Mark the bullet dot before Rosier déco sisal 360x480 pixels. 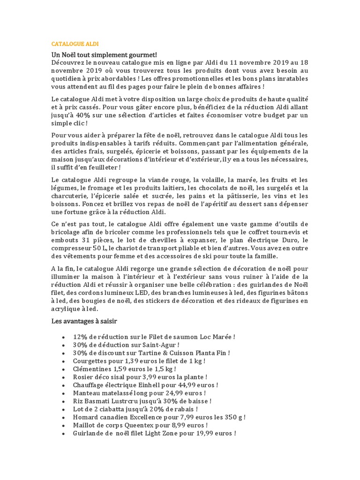[x=63, y=377]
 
